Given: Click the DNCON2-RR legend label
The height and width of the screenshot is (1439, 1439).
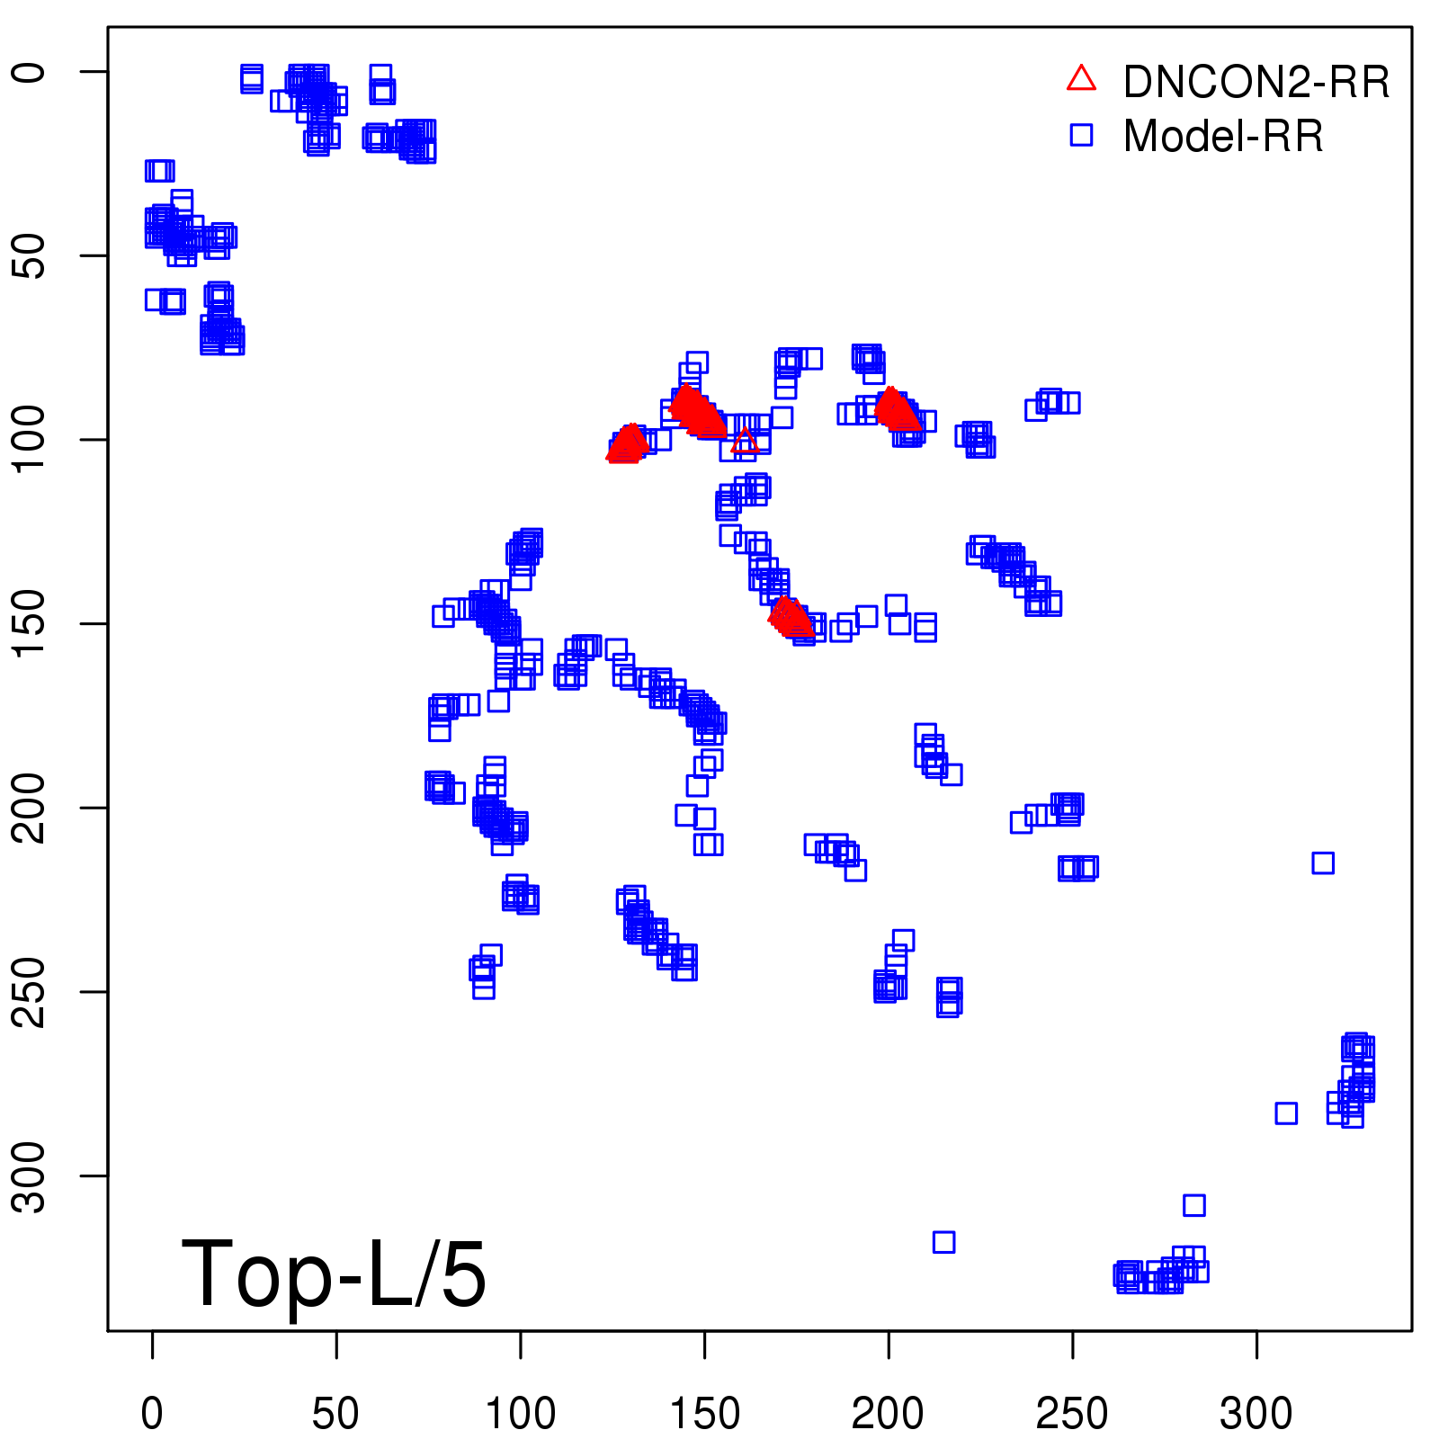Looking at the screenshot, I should [1256, 83].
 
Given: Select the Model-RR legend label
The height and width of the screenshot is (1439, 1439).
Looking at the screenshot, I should [1223, 137].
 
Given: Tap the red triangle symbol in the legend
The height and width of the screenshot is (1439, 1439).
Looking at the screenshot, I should [1081, 79].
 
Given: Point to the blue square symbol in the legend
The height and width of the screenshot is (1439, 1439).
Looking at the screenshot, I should [1081, 135].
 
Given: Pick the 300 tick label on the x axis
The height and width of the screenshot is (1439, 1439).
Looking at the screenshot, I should [1256, 1414].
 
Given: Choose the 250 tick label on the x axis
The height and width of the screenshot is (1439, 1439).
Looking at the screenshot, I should [1072, 1414].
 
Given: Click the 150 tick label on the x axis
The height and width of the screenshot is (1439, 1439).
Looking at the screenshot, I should [704, 1414].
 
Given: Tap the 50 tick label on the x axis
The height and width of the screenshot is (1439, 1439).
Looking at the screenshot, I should [335, 1414].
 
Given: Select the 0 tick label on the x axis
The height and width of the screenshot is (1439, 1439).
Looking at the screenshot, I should [152, 1414].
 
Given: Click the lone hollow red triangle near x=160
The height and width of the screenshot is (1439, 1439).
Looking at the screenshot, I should [745, 441].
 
